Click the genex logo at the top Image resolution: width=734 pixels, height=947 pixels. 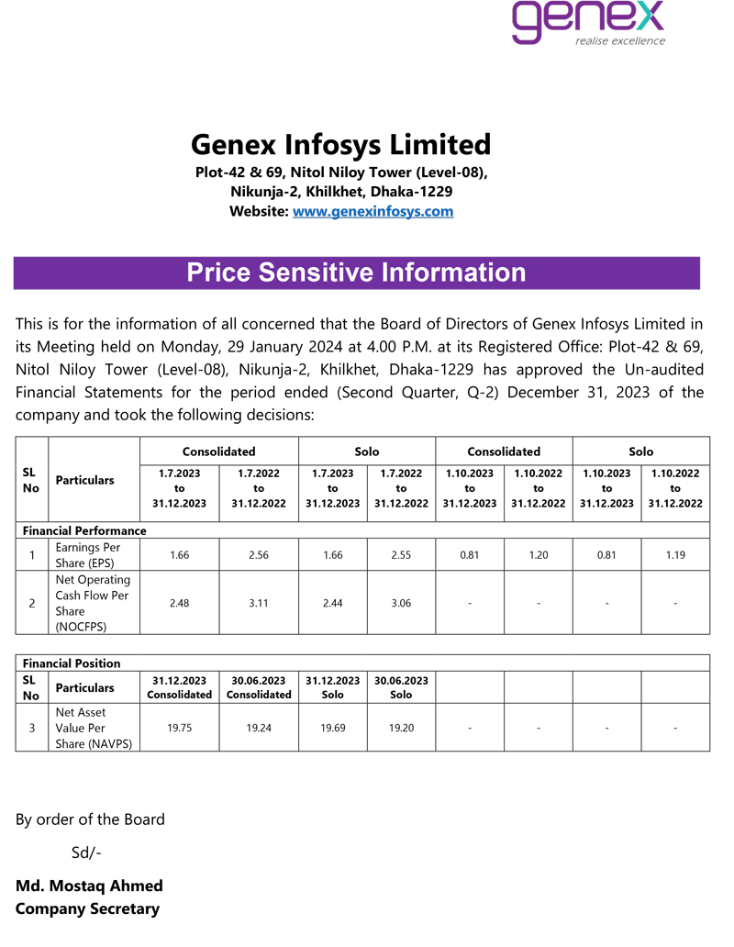point(587,23)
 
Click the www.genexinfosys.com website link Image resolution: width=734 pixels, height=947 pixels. point(373,212)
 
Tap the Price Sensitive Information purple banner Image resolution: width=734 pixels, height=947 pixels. point(356,273)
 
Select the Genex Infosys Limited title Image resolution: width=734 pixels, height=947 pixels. point(340,145)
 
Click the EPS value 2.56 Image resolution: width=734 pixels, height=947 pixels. point(259,555)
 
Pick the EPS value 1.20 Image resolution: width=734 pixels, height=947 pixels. point(539,555)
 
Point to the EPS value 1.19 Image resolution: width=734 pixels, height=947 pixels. point(675,555)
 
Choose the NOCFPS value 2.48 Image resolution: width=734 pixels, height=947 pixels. point(180,603)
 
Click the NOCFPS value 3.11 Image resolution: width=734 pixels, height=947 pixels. point(259,603)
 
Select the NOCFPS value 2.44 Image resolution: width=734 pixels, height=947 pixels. point(332,603)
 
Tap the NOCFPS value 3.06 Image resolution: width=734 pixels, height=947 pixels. point(401,603)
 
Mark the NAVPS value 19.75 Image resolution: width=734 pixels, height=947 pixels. point(180,728)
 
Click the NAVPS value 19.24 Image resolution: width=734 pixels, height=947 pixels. point(259,728)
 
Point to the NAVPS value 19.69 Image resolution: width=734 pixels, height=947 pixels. point(332,728)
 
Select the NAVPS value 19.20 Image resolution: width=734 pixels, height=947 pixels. point(401,728)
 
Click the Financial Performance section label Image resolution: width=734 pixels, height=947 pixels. point(84,531)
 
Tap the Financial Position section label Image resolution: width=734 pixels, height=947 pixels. point(72,663)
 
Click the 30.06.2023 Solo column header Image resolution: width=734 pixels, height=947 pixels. point(401,687)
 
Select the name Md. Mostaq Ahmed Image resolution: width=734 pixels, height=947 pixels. point(89,886)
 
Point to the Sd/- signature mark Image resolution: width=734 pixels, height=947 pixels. point(86,853)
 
